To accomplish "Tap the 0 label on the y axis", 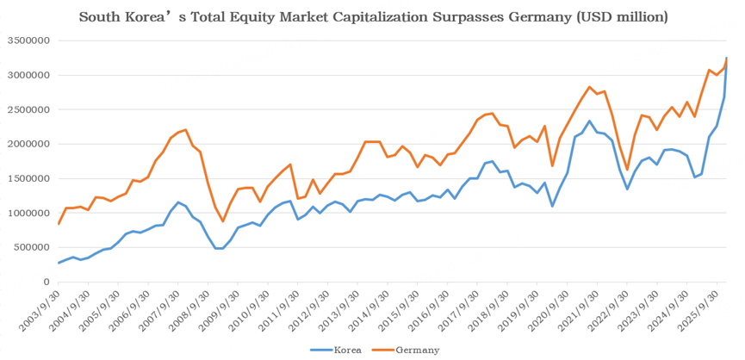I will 47,282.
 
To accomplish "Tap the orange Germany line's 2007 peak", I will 186,130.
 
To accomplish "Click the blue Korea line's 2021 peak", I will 589,121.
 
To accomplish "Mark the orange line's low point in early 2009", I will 223,221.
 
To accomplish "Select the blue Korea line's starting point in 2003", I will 59,263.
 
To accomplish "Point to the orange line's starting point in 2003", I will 59,224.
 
